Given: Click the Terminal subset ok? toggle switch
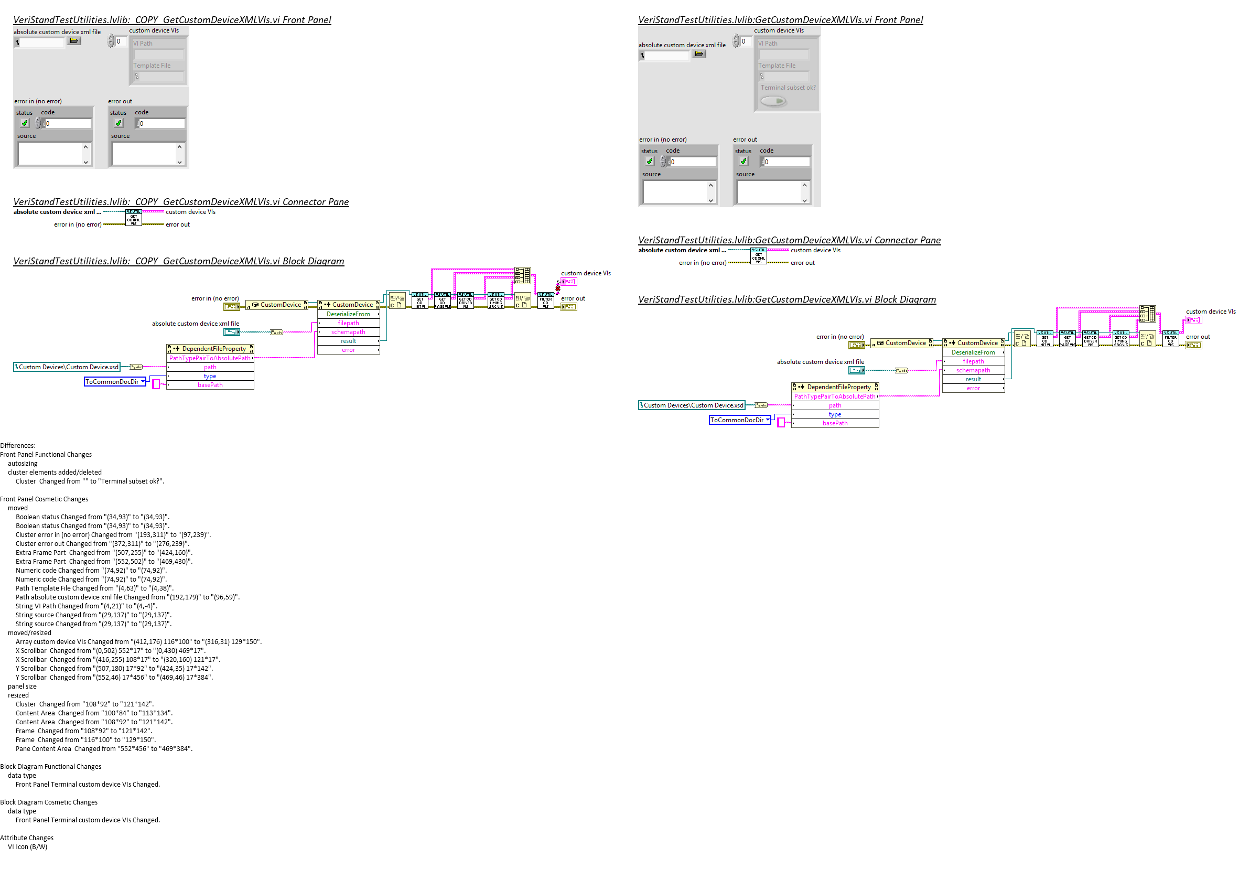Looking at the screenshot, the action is point(773,101).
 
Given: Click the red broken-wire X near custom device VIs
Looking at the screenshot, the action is point(557,288).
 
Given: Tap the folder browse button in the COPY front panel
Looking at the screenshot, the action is point(74,41).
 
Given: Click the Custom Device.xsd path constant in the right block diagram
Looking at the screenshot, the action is point(692,405).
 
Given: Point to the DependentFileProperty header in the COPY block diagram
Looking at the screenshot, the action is point(210,348).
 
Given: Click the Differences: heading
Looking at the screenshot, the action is point(18,445).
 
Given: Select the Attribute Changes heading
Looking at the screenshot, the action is point(27,838).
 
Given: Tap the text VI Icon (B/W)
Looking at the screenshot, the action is point(27,846).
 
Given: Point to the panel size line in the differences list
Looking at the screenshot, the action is point(23,686).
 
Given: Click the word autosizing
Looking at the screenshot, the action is point(23,464).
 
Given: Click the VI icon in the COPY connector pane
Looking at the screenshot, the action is point(133,217).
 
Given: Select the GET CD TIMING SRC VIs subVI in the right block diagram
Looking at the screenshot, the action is point(1120,339).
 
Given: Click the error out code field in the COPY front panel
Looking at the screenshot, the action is point(161,124).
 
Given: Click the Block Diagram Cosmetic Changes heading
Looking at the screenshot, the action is point(49,802).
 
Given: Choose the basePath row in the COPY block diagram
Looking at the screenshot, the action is point(210,385).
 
